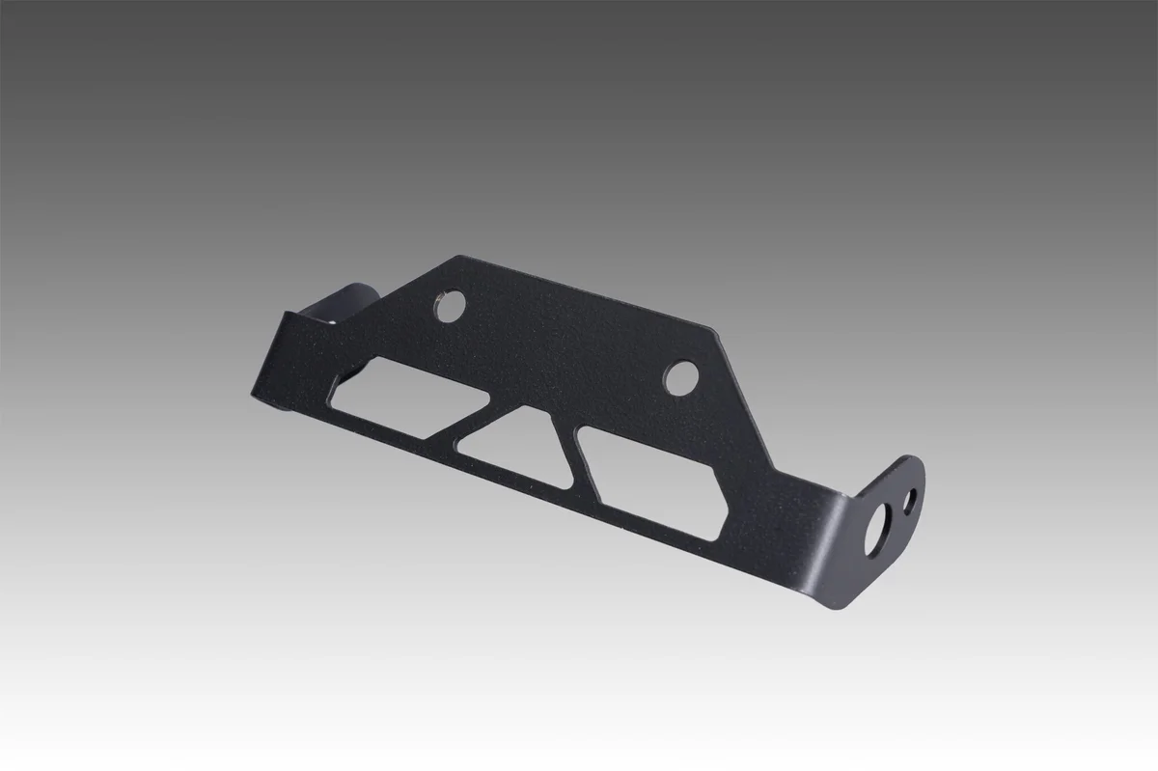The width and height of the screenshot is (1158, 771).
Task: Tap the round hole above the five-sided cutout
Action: [681, 376]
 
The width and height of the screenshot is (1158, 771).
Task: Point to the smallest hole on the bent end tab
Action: [909, 500]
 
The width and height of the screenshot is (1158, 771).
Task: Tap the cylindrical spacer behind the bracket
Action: [349, 301]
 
